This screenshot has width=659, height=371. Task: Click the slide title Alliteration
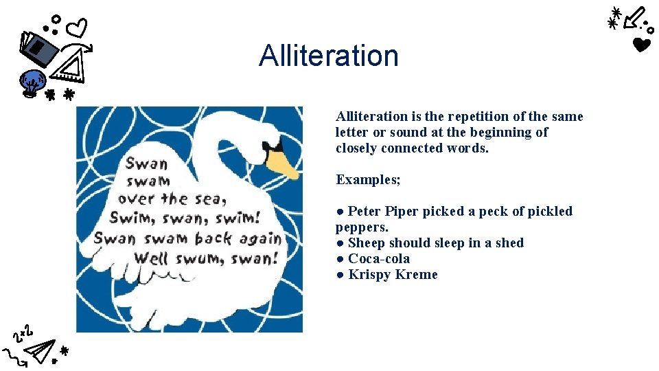click(329, 56)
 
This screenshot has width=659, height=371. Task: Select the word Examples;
click(369, 180)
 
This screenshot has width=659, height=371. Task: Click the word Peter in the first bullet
click(364, 212)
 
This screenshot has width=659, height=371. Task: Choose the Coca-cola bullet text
click(379, 259)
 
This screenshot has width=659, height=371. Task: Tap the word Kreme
click(415, 275)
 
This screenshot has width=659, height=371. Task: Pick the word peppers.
click(361, 227)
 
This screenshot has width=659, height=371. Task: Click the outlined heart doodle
click(78, 28)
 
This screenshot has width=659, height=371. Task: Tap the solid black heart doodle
click(641, 46)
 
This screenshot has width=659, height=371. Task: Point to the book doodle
click(38, 48)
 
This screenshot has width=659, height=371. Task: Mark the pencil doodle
click(636, 18)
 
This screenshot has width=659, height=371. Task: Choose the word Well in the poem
click(151, 258)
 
